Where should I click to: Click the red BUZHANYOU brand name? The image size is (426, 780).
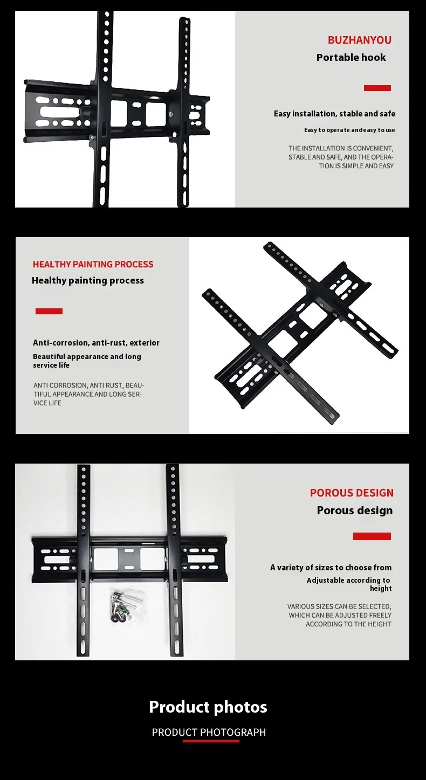pyautogui.click(x=360, y=40)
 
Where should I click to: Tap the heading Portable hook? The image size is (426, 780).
pyautogui.click(x=351, y=58)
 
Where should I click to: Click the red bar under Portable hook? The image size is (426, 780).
pyautogui.click(x=377, y=88)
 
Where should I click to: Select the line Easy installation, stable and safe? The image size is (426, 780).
pyautogui.click(x=334, y=114)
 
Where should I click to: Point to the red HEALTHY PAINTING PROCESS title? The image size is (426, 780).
pyautogui.click(x=93, y=264)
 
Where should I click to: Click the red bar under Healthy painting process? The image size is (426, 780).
pyautogui.click(x=49, y=311)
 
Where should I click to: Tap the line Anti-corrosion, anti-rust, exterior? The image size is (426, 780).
pyautogui.click(x=96, y=343)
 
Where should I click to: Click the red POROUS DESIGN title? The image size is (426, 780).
pyautogui.click(x=352, y=493)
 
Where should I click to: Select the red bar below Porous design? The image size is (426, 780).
pyautogui.click(x=372, y=536)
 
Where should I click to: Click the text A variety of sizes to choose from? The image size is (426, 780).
pyautogui.click(x=331, y=568)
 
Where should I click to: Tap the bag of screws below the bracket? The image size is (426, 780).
pyautogui.click(x=128, y=605)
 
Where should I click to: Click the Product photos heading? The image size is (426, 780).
pyautogui.click(x=208, y=707)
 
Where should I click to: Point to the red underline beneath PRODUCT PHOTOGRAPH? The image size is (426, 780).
pyautogui.click(x=211, y=741)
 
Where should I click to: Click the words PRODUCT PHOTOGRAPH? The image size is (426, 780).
pyautogui.click(x=209, y=732)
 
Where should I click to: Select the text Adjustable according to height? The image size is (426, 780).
pyautogui.click(x=349, y=584)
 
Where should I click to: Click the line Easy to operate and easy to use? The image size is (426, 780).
pyautogui.click(x=349, y=130)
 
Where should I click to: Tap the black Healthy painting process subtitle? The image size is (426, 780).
pyautogui.click(x=88, y=281)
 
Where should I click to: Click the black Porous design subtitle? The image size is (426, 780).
pyautogui.click(x=355, y=510)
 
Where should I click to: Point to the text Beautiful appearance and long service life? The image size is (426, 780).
pyautogui.click(x=87, y=361)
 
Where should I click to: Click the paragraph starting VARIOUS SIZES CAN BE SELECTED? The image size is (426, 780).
pyautogui.click(x=339, y=615)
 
